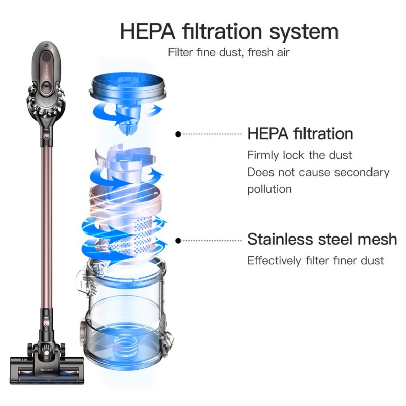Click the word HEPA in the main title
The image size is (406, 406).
coord(148,31)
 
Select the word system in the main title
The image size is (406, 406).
coord(303,33)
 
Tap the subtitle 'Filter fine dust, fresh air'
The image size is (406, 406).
coord(229,52)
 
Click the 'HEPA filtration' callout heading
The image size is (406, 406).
coord(300,133)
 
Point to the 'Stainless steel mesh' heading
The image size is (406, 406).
coord(322,239)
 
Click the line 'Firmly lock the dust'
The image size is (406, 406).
coord(299,155)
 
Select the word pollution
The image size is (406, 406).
coord(269,189)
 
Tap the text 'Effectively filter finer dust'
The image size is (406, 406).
coord(315,260)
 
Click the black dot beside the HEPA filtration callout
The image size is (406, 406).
coord(178,134)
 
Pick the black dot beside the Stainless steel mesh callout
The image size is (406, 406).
coord(178,241)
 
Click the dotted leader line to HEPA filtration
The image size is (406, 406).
coord(211,134)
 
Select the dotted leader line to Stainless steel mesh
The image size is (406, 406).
coord(211,241)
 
